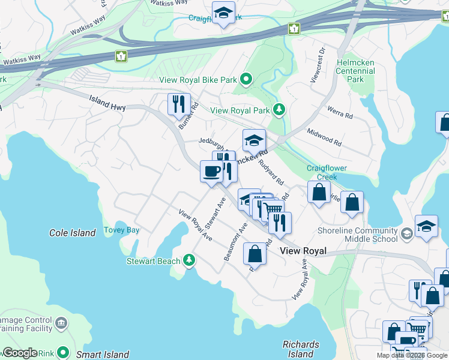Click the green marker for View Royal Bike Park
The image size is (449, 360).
point(246,79)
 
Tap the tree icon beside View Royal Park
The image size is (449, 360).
point(279,110)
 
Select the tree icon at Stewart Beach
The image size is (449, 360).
point(190,260)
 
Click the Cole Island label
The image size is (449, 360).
point(72,233)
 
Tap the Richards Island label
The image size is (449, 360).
point(301,349)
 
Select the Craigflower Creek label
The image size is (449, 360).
point(327,172)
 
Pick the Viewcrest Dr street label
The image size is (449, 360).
point(317,65)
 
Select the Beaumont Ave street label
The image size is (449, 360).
point(235,242)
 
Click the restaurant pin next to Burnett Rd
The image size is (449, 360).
point(178,104)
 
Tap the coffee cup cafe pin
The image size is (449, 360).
point(211,172)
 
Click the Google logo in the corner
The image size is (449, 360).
point(20,353)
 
